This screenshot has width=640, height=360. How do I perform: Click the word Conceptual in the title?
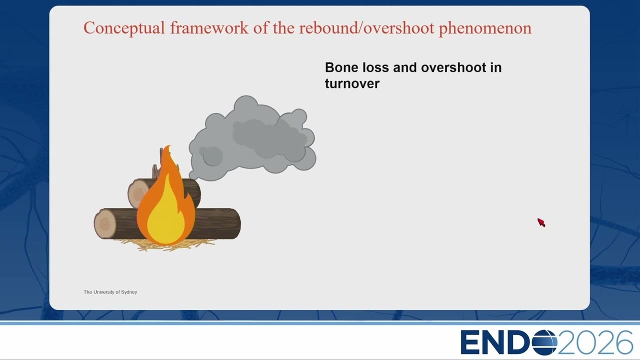pyautogui.click(x=124, y=28)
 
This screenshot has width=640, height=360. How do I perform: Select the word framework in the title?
pyautogui.click(x=209, y=27)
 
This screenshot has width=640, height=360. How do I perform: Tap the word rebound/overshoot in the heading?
pyautogui.click(x=367, y=27)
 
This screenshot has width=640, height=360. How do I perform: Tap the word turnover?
pyautogui.click(x=352, y=83)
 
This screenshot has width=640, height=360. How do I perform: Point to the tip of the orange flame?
pyautogui.click(x=169, y=145)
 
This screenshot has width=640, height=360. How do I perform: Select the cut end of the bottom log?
pyautogui.click(x=105, y=223)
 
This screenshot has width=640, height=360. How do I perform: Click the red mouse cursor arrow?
pyautogui.click(x=541, y=222)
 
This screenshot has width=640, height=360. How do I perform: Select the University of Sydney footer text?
pyautogui.click(x=110, y=292)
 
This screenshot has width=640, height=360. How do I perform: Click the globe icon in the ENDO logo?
pyautogui.click(x=544, y=342)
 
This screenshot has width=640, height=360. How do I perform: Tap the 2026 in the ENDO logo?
pyautogui.click(x=595, y=342)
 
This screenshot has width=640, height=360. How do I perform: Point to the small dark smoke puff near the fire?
pyautogui.click(x=211, y=156)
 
